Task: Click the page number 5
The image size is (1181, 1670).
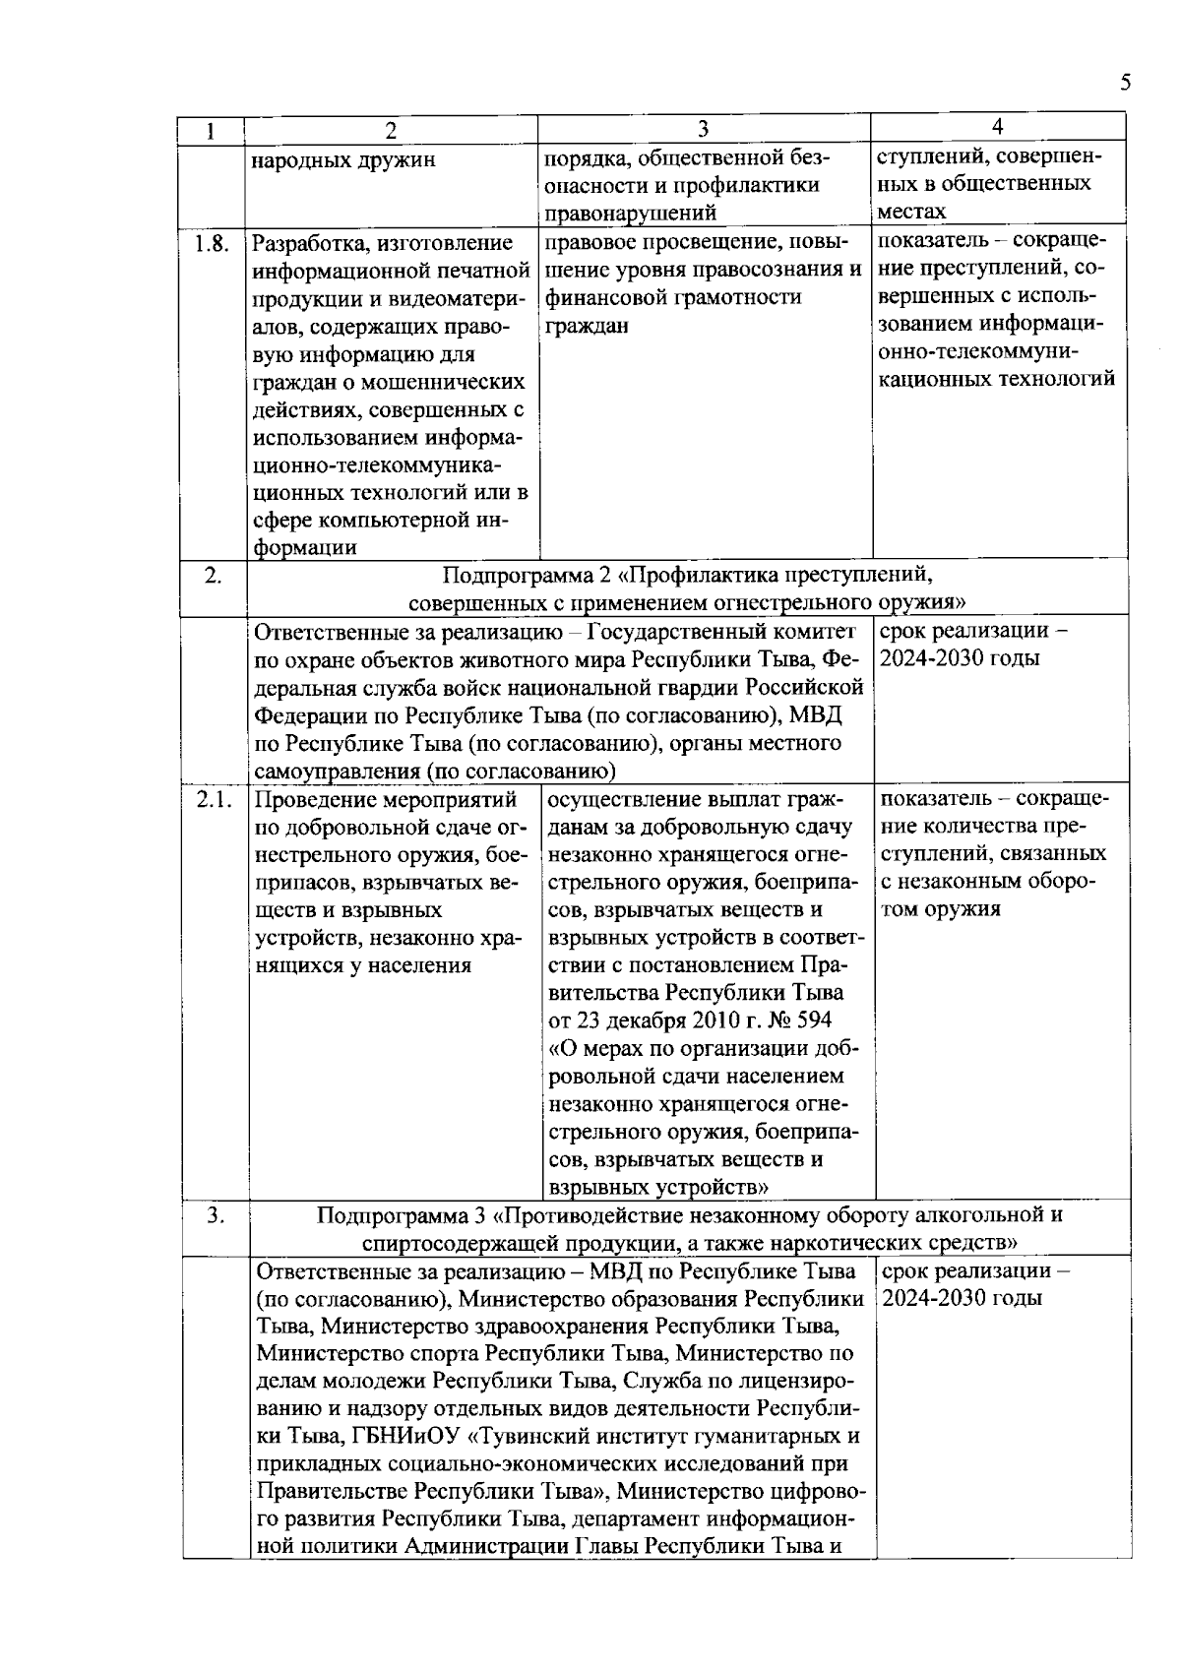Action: [1125, 83]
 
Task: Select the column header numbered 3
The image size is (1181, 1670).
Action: [703, 130]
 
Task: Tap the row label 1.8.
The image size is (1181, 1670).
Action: [212, 244]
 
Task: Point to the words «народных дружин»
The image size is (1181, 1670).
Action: [343, 160]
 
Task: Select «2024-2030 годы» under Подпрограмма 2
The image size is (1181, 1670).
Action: [960, 658]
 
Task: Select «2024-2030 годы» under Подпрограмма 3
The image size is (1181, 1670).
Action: [962, 1298]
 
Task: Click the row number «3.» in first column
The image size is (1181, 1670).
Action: [216, 1215]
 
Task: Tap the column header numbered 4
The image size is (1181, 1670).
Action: [998, 127]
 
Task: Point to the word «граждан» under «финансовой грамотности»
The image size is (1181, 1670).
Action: [587, 325]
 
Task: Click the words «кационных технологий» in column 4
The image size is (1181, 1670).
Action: [996, 379]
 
